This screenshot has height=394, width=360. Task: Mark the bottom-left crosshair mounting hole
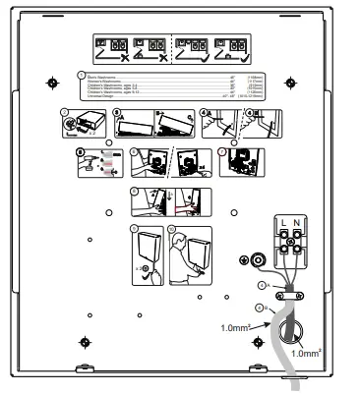coord(86,342)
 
